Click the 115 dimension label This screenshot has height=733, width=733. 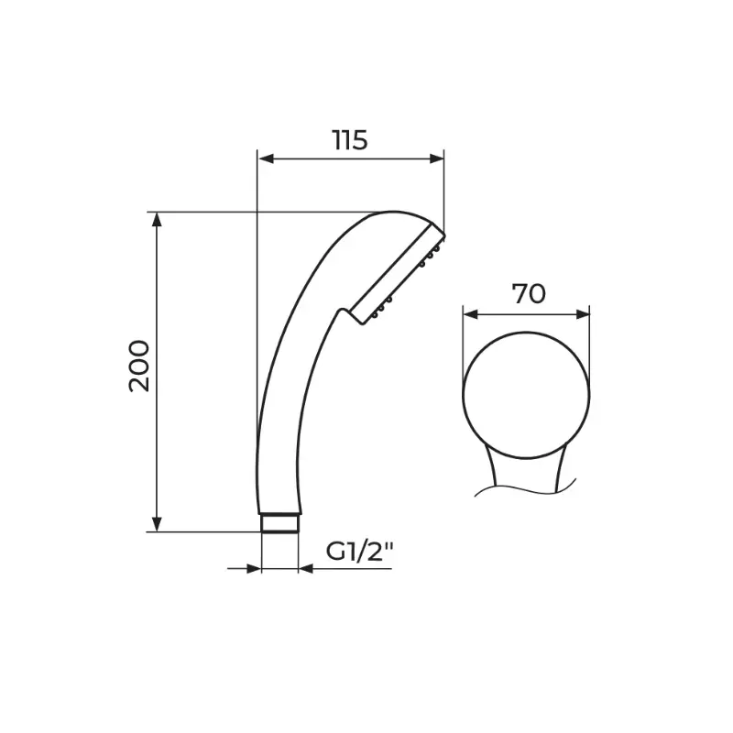[350, 140]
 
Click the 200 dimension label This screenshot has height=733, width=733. [139, 366]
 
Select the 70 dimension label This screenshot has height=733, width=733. [529, 294]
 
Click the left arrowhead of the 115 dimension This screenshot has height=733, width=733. [266, 159]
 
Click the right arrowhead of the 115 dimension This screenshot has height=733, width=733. [436, 159]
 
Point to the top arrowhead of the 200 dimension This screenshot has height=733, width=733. [157, 220]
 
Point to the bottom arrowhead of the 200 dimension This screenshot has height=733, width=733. [157, 524]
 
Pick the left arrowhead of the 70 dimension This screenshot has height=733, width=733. [470, 314]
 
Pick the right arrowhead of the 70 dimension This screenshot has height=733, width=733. [582, 314]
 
